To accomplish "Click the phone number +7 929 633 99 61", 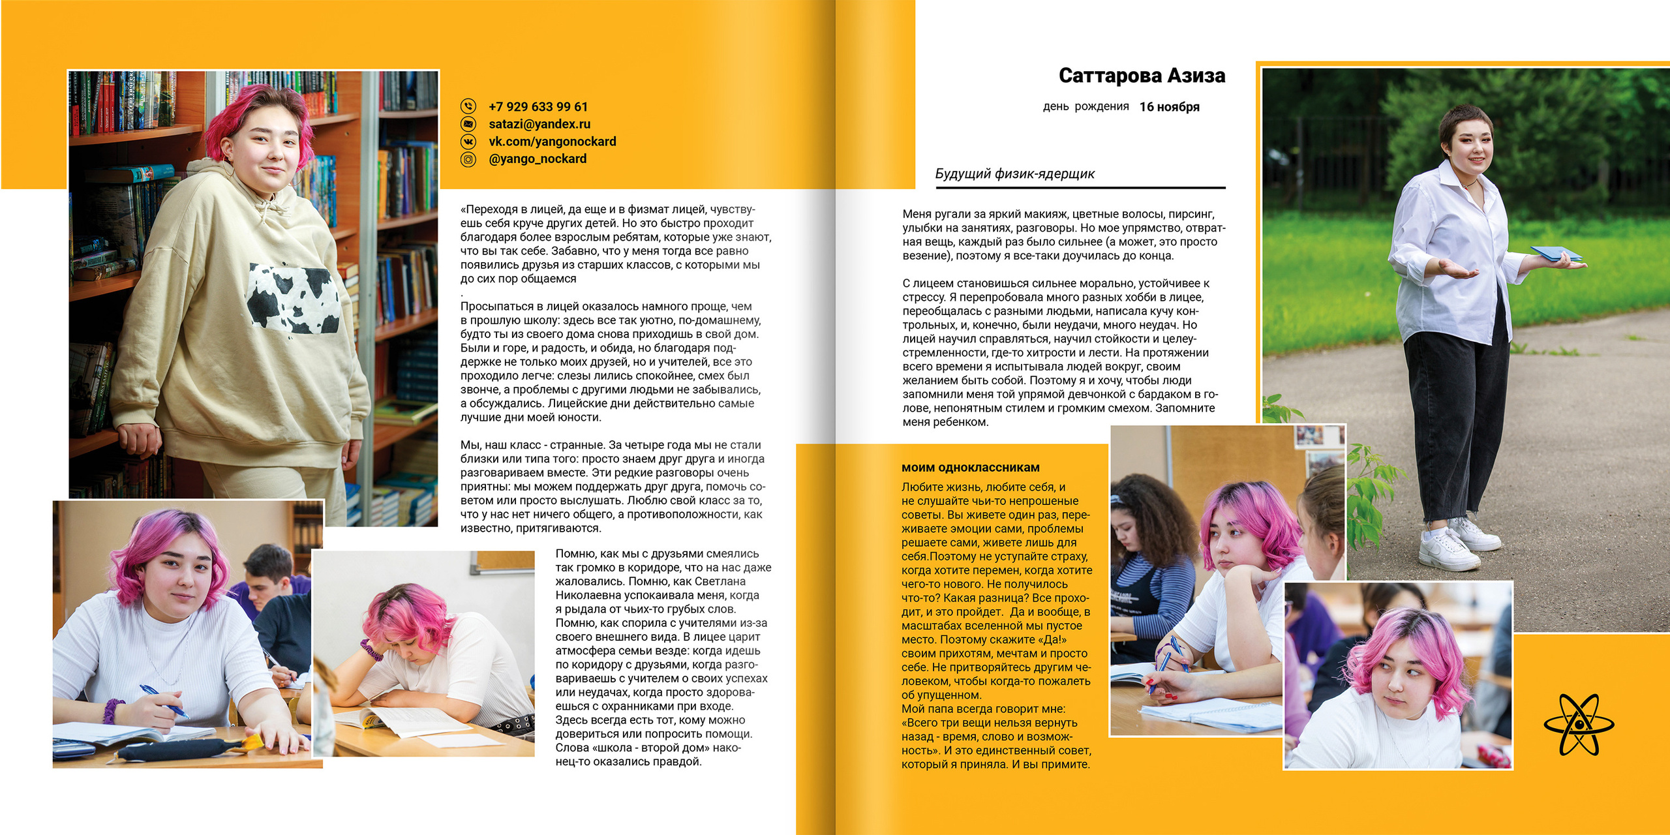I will [x=538, y=106].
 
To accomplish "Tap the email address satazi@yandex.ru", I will [x=539, y=124].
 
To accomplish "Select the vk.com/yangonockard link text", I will [x=552, y=142].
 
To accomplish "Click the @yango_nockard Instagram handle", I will [x=538, y=159].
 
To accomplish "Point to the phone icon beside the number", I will [x=468, y=106].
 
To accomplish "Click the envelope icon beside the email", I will [x=468, y=123].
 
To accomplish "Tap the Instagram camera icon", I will [x=468, y=159].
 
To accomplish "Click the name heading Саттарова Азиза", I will [x=1142, y=76].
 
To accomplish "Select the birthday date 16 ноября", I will [x=1169, y=107].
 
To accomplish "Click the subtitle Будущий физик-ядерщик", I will [x=1014, y=174].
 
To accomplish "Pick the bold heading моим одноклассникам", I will [x=971, y=467].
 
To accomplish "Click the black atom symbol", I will [x=1579, y=724].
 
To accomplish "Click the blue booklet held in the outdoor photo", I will [x=1556, y=254].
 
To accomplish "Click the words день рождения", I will [x=1085, y=106].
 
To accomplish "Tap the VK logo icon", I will [x=468, y=142].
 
